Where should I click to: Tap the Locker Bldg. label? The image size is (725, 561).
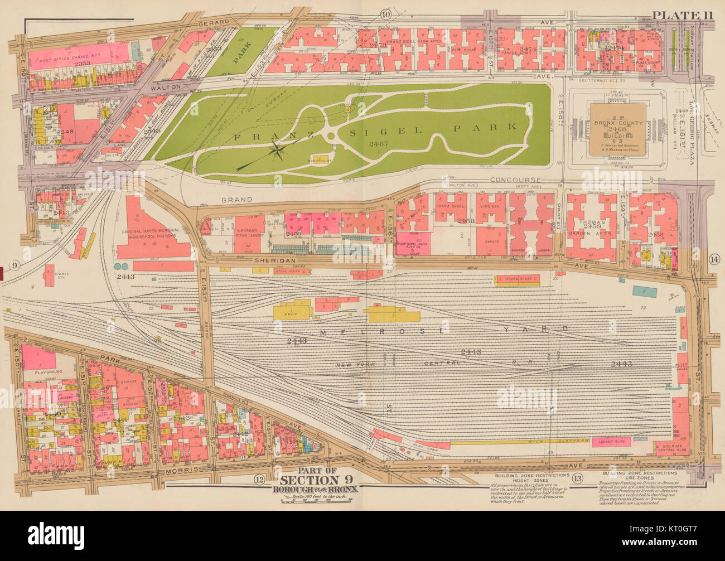tap(613, 441)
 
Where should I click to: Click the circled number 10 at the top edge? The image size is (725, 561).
tap(386, 14)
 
